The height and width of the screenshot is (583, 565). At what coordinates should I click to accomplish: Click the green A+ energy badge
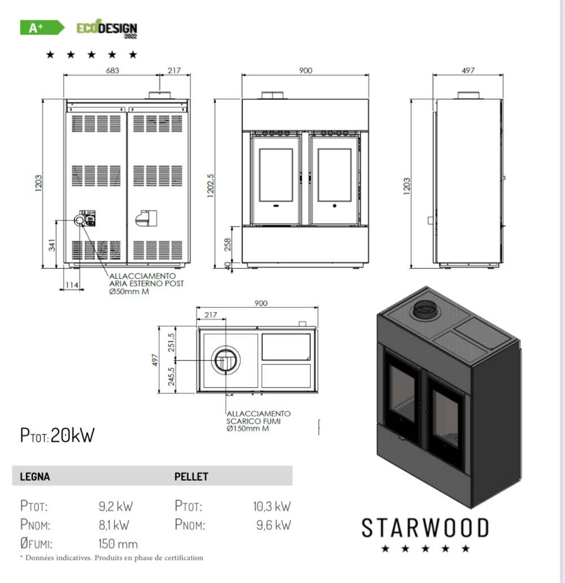pos(42,28)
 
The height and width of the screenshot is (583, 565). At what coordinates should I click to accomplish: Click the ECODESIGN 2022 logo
pos(107,29)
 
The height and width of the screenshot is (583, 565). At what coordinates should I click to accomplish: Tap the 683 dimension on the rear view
pos(112,70)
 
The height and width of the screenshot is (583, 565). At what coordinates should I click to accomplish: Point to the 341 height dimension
pos(52,245)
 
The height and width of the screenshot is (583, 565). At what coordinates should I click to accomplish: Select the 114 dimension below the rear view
pos(72,285)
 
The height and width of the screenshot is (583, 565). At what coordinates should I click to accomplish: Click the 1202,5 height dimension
pos(210,185)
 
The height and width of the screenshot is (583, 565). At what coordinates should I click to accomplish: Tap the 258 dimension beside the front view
pos(228,245)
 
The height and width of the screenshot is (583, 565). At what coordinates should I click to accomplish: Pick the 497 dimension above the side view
pos(468,70)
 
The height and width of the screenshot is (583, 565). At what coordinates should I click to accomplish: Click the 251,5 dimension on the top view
pos(171,342)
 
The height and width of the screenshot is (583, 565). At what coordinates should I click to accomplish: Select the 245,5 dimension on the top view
pos(171,376)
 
